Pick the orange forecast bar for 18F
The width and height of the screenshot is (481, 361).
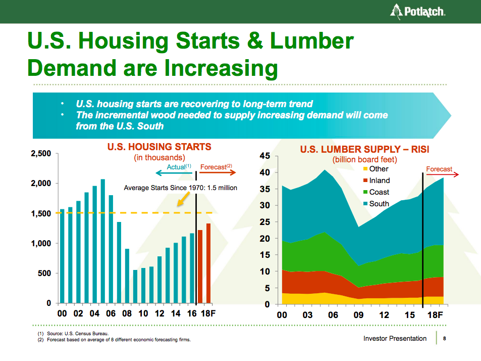tap(208, 263)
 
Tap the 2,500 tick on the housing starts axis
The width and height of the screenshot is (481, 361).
tap(41, 153)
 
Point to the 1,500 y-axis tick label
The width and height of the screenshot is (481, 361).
tap(41, 213)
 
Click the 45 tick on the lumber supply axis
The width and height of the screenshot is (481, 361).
tap(265, 156)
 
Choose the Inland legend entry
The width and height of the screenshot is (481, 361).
tap(379, 180)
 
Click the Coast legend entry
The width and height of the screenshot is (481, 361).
tap(379, 192)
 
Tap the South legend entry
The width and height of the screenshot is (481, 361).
tap(379, 204)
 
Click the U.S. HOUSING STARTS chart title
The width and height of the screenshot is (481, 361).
tap(159, 147)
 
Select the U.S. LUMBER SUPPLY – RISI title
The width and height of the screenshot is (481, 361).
tap(364, 150)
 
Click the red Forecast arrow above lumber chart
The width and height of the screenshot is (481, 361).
tap(442, 174)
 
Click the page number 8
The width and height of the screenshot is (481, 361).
tap(444, 339)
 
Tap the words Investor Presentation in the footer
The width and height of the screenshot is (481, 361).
tap(395, 339)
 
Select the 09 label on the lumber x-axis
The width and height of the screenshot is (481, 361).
tap(358, 315)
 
